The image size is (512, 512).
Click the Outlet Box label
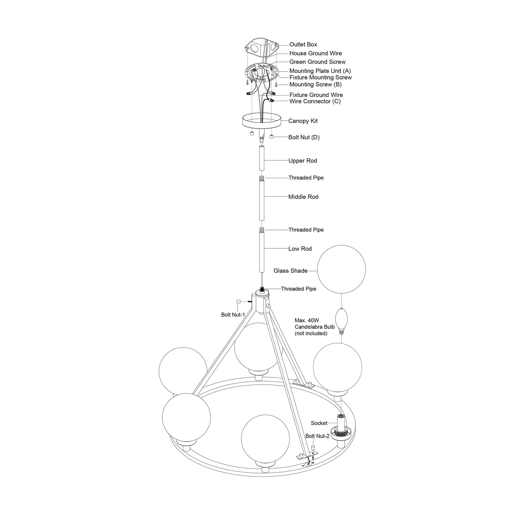pyautogui.click(x=303, y=44)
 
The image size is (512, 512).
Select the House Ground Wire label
pyautogui.click(x=315, y=53)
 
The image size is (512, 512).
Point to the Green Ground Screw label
pyautogui.click(x=317, y=62)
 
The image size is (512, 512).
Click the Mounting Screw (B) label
pyautogui.click(x=315, y=84)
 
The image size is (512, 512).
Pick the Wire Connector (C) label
pyautogui.click(x=315, y=101)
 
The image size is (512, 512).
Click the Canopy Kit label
pyautogui.click(x=303, y=121)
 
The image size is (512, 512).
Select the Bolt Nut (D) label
pyautogui.click(x=304, y=137)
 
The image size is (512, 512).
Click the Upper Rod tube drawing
pyautogui.click(x=262, y=158)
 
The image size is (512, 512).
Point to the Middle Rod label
pyautogui.click(x=303, y=197)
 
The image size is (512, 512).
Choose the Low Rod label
pyautogui.click(x=300, y=249)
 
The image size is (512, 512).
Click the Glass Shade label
pyautogui.click(x=290, y=271)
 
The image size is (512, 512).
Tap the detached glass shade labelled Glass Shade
pyautogui.click(x=341, y=269)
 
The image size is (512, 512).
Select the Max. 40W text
pyautogui.click(x=307, y=320)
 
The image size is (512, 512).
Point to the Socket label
pyautogui.click(x=319, y=423)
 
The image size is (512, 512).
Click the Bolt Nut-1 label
pyautogui.click(x=233, y=315)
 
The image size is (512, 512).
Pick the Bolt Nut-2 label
pyautogui.click(x=317, y=436)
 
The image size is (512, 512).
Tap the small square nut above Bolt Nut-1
pyautogui.click(x=238, y=301)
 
